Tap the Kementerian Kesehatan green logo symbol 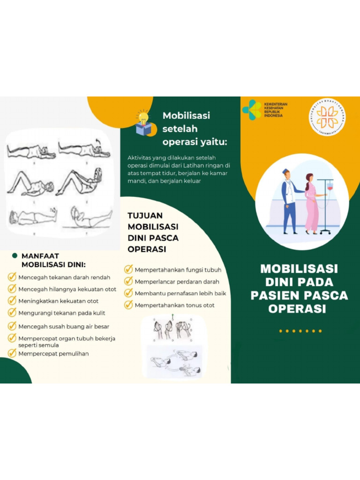tap(252, 110)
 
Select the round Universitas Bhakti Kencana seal tap(327, 117)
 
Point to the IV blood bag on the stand tap(330, 187)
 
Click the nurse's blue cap tap(286, 172)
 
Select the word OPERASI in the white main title tap(297, 309)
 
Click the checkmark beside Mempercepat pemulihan tap(12, 353)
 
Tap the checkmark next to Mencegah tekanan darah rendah tap(12, 277)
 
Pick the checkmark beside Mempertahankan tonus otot tap(128, 305)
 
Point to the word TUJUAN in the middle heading tap(145, 216)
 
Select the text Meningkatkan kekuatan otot tap(59, 301)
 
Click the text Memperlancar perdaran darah tap(177, 282)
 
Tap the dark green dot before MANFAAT tap(15, 256)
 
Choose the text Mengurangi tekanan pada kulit tap(62, 313)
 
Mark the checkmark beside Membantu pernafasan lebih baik tap(128, 293)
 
